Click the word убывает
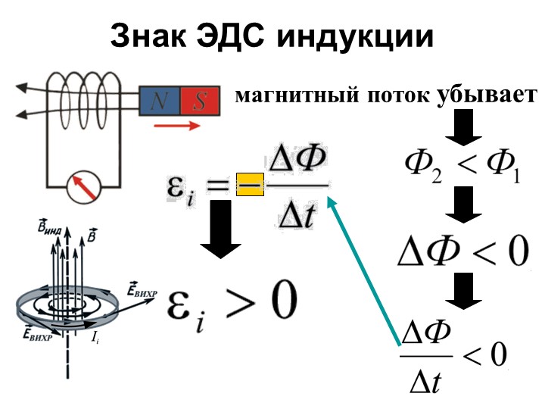(487, 95)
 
